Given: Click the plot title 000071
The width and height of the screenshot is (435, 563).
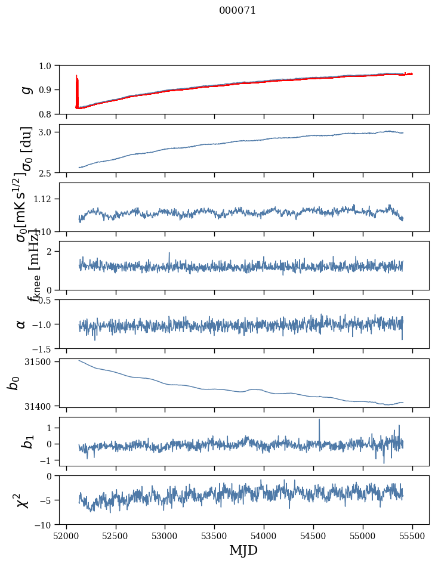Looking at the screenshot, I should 237,11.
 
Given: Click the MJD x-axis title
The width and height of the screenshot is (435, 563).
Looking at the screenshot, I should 243,550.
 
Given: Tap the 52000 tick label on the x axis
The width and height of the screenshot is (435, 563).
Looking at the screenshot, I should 66,535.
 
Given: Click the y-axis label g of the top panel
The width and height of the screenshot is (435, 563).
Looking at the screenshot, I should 25,89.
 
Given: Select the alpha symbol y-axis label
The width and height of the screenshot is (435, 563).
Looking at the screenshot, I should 21,324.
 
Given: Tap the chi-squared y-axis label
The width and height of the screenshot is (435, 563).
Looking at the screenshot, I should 23,500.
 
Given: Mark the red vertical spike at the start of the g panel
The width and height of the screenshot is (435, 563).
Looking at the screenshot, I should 76,83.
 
